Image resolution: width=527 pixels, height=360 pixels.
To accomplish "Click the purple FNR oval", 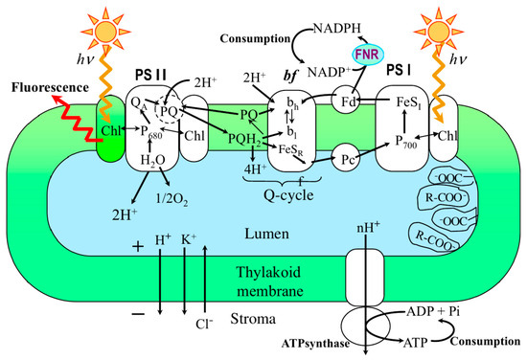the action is point(367,55).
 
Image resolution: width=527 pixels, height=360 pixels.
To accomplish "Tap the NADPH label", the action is point(337,29).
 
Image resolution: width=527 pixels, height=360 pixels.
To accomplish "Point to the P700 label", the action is point(406,142).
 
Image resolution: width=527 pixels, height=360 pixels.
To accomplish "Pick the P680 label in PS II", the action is point(150,131).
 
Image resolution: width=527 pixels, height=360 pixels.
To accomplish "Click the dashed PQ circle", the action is point(169,110).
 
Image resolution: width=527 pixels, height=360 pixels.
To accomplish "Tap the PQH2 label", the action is point(244,139).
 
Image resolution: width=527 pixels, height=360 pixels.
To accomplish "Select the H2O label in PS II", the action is point(153,161).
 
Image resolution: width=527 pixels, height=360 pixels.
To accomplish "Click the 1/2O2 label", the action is point(172,199).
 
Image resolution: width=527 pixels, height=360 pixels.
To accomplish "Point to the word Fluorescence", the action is point(50,88).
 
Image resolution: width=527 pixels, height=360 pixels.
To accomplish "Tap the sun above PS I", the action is point(438,33).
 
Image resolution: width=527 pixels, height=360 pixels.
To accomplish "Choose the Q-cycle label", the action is point(288,194).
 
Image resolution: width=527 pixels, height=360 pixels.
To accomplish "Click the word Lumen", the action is point(266,234).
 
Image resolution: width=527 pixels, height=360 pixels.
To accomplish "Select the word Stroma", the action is point(253,319).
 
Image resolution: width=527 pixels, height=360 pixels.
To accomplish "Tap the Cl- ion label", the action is point(204,324).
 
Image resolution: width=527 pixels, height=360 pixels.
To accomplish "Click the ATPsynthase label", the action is point(315,344).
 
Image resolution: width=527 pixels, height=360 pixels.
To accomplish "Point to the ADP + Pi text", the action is point(433,311).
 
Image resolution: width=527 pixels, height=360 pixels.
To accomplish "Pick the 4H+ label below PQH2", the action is point(255,169).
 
